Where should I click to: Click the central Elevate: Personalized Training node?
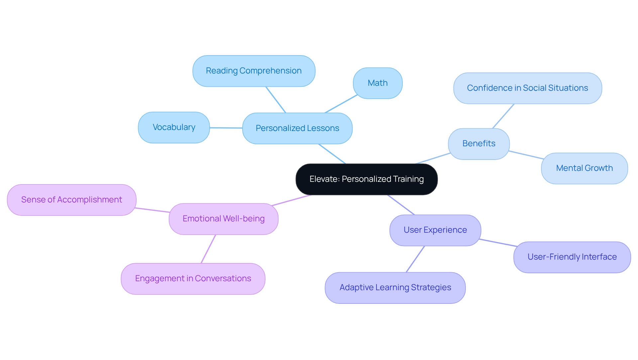point(367,179)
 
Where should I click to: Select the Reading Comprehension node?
point(254,71)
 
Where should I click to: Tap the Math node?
point(378,83)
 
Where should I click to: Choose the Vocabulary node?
point(174,127)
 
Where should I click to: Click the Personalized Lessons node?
point(297,128)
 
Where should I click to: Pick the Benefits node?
point(479,144)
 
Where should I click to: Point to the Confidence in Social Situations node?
point(528,88)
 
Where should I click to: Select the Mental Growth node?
point(585,168)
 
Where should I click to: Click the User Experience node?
point(435,230)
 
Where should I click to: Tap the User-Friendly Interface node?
point(572,257)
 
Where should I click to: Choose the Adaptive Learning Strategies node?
point(395,288)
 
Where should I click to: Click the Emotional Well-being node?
point(224,219)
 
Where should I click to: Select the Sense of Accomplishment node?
point(72,200)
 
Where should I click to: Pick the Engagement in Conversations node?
point(193,279)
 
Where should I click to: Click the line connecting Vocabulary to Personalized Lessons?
point(226,128)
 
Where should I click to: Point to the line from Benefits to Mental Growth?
point(526,155)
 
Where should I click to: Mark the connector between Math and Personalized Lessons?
point(341,104)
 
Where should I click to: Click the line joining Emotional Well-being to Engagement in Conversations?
point(208,249)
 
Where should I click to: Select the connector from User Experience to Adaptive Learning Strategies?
point(415,259)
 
